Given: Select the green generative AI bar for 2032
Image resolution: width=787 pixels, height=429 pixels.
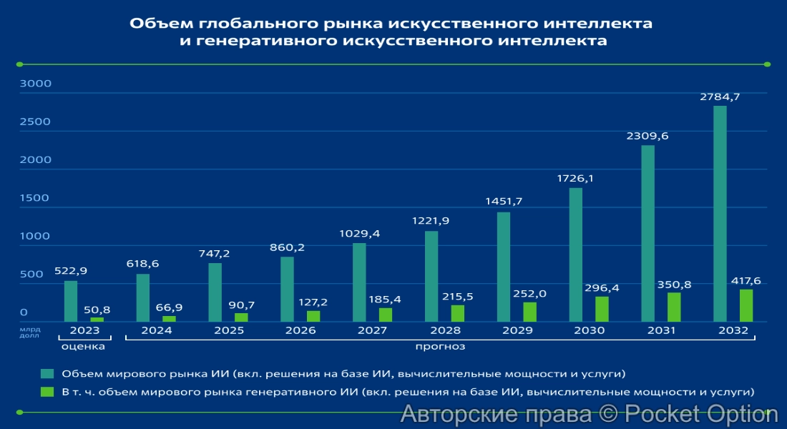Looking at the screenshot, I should coord(746,305).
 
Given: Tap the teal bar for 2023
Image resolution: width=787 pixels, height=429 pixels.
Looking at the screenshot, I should coord(70,301).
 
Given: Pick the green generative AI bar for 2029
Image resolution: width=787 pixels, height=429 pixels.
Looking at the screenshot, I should coord(529,312).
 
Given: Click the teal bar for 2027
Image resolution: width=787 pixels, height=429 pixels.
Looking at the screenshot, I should coord(359,282).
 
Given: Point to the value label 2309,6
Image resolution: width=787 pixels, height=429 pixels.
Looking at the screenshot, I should coord(647,135).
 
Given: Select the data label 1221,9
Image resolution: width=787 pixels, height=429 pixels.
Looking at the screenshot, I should coord(431,220).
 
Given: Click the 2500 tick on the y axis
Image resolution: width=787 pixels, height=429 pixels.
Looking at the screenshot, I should coord(36,122).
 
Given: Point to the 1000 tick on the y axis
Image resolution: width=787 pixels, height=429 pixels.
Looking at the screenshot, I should coord(36,236).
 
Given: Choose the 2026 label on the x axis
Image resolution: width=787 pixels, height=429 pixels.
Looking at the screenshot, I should coord(300,330).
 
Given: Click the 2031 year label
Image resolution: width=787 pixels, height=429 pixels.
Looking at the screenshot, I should coord(661,330).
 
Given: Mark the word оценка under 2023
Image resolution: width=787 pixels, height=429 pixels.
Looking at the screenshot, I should coord(83,346).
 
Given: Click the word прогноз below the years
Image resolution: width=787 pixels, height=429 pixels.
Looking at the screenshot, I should coord(441,346).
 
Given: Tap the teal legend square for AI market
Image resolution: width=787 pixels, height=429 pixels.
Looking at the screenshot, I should coord(47,373).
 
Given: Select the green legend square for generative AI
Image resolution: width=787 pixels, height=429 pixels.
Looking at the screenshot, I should coord(47,391).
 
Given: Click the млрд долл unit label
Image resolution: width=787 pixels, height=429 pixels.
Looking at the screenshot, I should coord(30,331).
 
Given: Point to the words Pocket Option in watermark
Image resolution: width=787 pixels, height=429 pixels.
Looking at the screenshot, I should coord(701,413).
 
